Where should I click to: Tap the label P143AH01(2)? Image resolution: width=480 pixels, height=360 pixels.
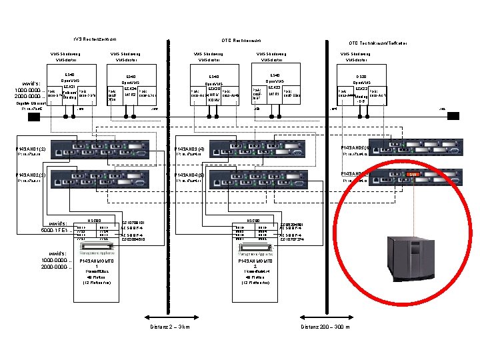(31, 147)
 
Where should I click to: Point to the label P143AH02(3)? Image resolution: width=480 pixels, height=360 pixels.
(31, 175)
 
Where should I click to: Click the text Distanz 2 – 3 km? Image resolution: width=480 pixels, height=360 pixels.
(171, 327)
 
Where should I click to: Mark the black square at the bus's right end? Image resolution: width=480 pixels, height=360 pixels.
(453, 116)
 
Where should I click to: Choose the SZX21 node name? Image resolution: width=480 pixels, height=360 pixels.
(69, 87)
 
